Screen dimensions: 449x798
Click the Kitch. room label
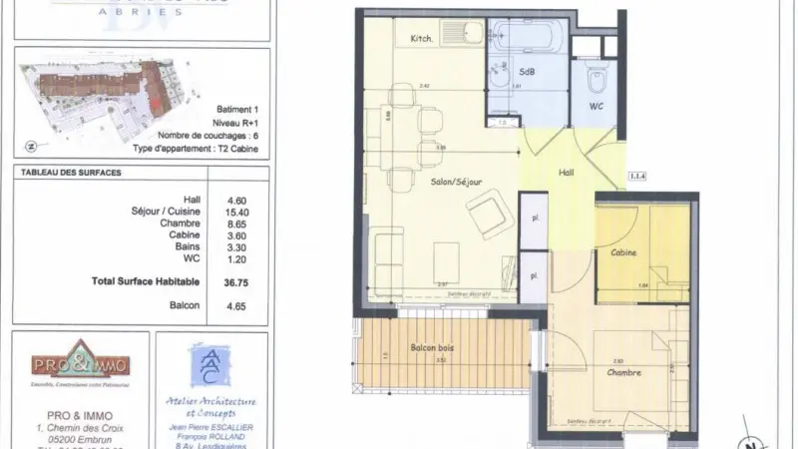coord(422,39)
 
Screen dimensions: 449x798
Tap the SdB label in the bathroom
coord(526,72)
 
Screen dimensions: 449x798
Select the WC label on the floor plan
coord(597,104)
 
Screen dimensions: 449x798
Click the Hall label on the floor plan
coord(566,173)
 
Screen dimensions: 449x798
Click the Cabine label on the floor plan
coord(625,252)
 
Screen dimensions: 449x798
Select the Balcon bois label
coord(432,348)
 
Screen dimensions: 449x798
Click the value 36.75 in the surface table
coord(234,282)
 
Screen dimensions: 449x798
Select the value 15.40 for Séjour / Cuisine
coord(234,213)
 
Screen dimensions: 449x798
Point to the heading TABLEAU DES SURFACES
coord(71,173)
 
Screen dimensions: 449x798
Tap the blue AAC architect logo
coord(210,367)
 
